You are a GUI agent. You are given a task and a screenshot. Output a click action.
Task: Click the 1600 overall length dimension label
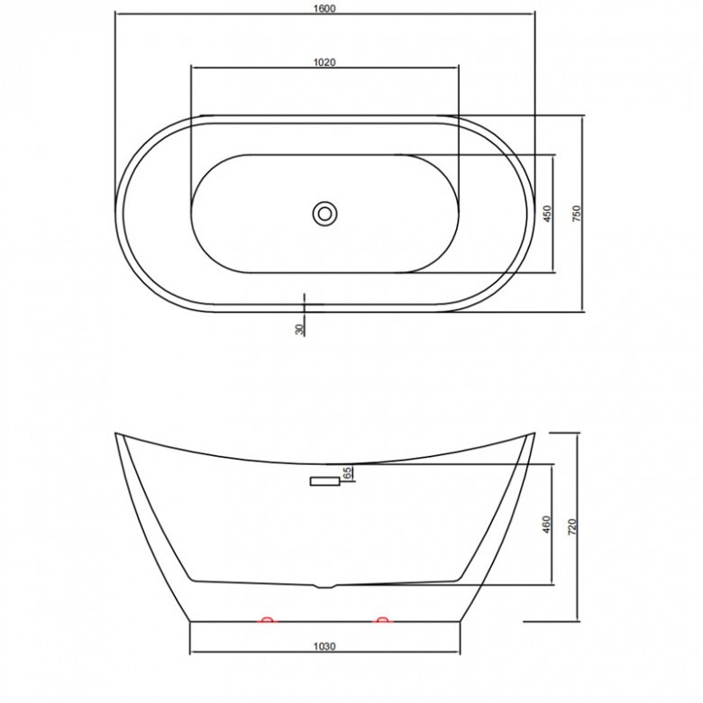click(x=324, y=8)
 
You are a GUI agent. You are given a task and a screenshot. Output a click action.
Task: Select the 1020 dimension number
click(x=324, y=62)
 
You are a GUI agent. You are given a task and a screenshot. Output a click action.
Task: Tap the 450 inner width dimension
click(x=547, y=214)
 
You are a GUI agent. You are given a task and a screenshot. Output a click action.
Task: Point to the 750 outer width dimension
click(x=577, y=214)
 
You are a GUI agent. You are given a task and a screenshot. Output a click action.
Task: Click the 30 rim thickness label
click(x=299, y=329)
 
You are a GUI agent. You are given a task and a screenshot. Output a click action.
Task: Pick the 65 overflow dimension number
click(x=347, y=471)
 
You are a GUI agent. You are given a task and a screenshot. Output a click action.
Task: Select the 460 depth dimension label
click(x=546, y=525)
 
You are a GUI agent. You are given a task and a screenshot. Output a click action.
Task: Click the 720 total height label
click(x=572, y=526)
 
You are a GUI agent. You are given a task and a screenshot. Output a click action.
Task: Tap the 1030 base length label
click(x=324, y=646)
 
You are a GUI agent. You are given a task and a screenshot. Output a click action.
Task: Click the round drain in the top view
click(x=324, y=214)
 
